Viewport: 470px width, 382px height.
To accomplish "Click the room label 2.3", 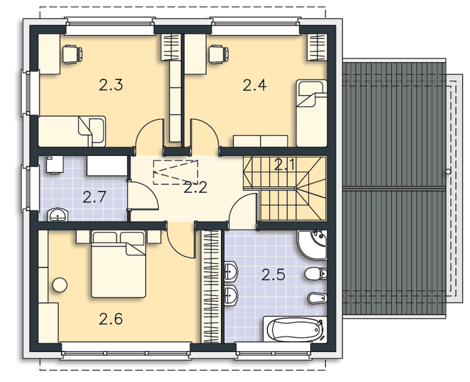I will coord(111,85).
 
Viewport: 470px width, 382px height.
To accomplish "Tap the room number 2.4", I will coord(255,85).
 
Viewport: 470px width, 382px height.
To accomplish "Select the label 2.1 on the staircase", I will coord(285,166).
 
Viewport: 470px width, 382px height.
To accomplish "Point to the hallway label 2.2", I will coord(194,187).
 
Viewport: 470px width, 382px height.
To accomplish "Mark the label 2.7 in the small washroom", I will coord(95,196).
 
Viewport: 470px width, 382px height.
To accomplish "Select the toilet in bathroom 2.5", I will coord(315,275).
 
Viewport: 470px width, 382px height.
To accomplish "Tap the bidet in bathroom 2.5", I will coord(316,299).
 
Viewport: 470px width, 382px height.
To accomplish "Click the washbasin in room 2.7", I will coord(59,215).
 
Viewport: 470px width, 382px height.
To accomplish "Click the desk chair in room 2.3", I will coord(72,55).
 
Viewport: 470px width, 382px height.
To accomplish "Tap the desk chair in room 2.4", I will coord(219,55).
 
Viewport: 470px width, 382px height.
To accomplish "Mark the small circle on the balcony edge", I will coord(449,173).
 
